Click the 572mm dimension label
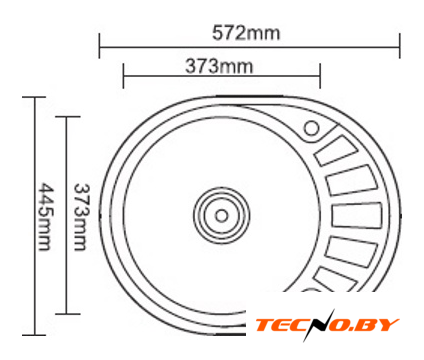[246, 33]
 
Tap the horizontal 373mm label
[219, 66]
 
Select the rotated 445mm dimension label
[45, 216]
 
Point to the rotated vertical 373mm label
[81, 217]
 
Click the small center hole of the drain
[221, 215]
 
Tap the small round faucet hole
[312, 128]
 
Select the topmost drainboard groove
[336, 151]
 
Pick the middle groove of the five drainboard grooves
[357, 215]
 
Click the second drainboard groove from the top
[351, 180]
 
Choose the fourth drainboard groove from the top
[351, 252]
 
